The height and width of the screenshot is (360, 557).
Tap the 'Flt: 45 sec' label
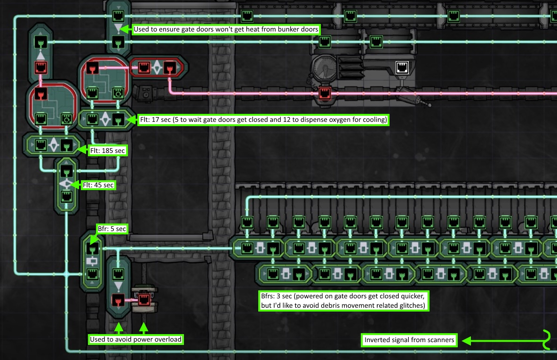click(x=98, y=185)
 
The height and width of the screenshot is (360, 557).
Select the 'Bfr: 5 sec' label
click(x=111, y=229)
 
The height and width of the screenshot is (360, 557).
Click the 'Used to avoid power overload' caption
click(x=135, y=339)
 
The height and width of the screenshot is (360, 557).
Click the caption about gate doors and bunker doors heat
click(x=226, y=29)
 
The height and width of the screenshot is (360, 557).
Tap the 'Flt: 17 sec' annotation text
click(x=263, y=120)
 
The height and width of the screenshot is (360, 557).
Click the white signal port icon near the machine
click(x=402, y=67)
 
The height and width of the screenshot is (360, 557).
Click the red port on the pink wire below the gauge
click(x=324, y=93)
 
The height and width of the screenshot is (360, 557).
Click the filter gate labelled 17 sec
click(x=105, y=120)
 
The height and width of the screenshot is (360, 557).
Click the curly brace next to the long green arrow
click(x=547, y=340)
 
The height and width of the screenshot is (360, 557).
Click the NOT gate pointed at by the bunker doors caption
click(x=117, y=29)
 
